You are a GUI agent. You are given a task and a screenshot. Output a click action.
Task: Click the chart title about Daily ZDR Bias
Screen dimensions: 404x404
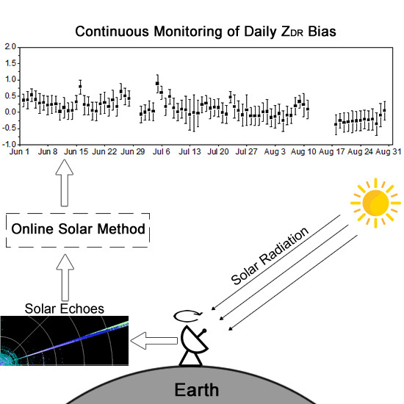[206, 32]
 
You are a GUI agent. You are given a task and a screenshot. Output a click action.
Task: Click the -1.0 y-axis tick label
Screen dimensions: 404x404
[9, 144]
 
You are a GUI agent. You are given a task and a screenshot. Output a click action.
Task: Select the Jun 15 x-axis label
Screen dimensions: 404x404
[76, 151]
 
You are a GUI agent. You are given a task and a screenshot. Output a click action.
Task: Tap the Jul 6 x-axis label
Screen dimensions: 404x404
[162, 151]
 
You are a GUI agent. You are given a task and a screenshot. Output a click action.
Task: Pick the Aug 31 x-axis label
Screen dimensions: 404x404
[389, 151]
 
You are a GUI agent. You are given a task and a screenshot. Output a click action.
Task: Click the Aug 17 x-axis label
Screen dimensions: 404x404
[331, 151]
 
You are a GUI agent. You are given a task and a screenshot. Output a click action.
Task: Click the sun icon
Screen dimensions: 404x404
[375, 203]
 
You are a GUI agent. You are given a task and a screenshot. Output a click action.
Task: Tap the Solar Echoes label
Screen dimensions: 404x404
[65, 309]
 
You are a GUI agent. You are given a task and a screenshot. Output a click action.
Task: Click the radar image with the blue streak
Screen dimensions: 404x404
[64, 341]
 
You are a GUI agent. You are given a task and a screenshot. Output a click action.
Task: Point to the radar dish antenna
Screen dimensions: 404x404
[194, 346]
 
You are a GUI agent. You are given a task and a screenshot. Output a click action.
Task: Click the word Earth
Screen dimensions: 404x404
[197, 389]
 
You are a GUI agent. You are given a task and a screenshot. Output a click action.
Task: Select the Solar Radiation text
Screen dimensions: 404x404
[270, 256]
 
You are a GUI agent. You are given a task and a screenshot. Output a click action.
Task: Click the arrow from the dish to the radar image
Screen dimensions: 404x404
[154, 341]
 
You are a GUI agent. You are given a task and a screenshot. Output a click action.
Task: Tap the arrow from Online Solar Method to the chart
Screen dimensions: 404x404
[65, 183]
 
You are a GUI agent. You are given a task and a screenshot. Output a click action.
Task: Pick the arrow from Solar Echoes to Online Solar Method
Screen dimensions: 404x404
[65, 278]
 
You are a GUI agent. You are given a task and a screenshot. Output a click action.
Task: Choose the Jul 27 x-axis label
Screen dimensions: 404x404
[246, 151]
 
